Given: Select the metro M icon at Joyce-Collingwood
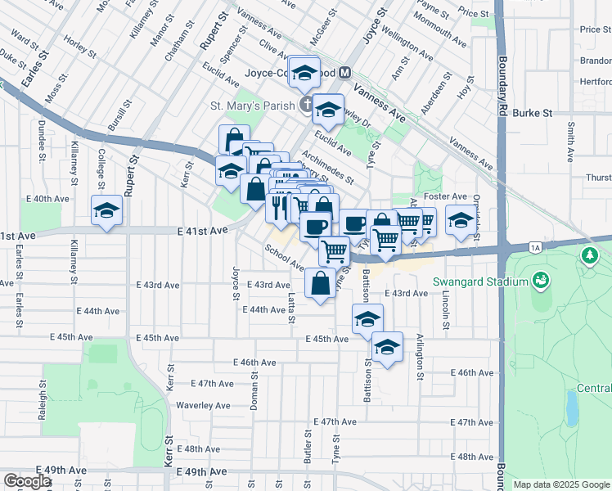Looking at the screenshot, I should [345, 72].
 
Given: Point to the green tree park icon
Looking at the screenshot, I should [589, 257].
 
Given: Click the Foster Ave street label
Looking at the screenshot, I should [445, 196].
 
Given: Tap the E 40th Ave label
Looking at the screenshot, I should [47, 199].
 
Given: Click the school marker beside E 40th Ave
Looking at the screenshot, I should [106, 211].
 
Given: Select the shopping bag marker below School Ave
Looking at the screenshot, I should [320, 283].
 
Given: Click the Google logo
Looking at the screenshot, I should [28, 481].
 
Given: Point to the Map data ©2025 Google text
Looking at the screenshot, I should [560, 484].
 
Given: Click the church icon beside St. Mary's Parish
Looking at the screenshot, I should [306, 104].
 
